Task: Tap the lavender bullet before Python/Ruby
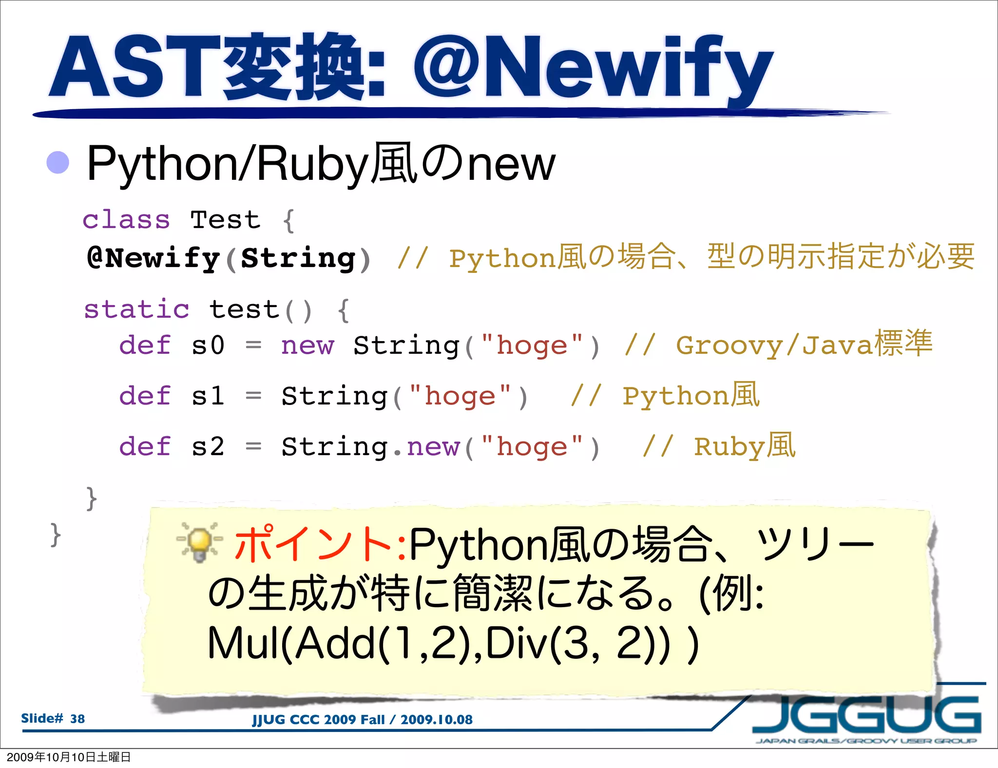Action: (58, 162)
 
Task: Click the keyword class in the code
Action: (126, 220)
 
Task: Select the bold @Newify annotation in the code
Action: (153, 258)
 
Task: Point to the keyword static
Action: (136, 309)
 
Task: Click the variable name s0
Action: (208, 346)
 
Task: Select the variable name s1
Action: (208, 396)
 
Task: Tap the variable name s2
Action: (208, 446)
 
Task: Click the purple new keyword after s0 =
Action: (307, 346)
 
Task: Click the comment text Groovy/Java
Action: (775, 346)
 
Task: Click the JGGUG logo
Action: (866, 714)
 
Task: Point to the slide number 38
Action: (77, 719)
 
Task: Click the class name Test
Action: (225, 220)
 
